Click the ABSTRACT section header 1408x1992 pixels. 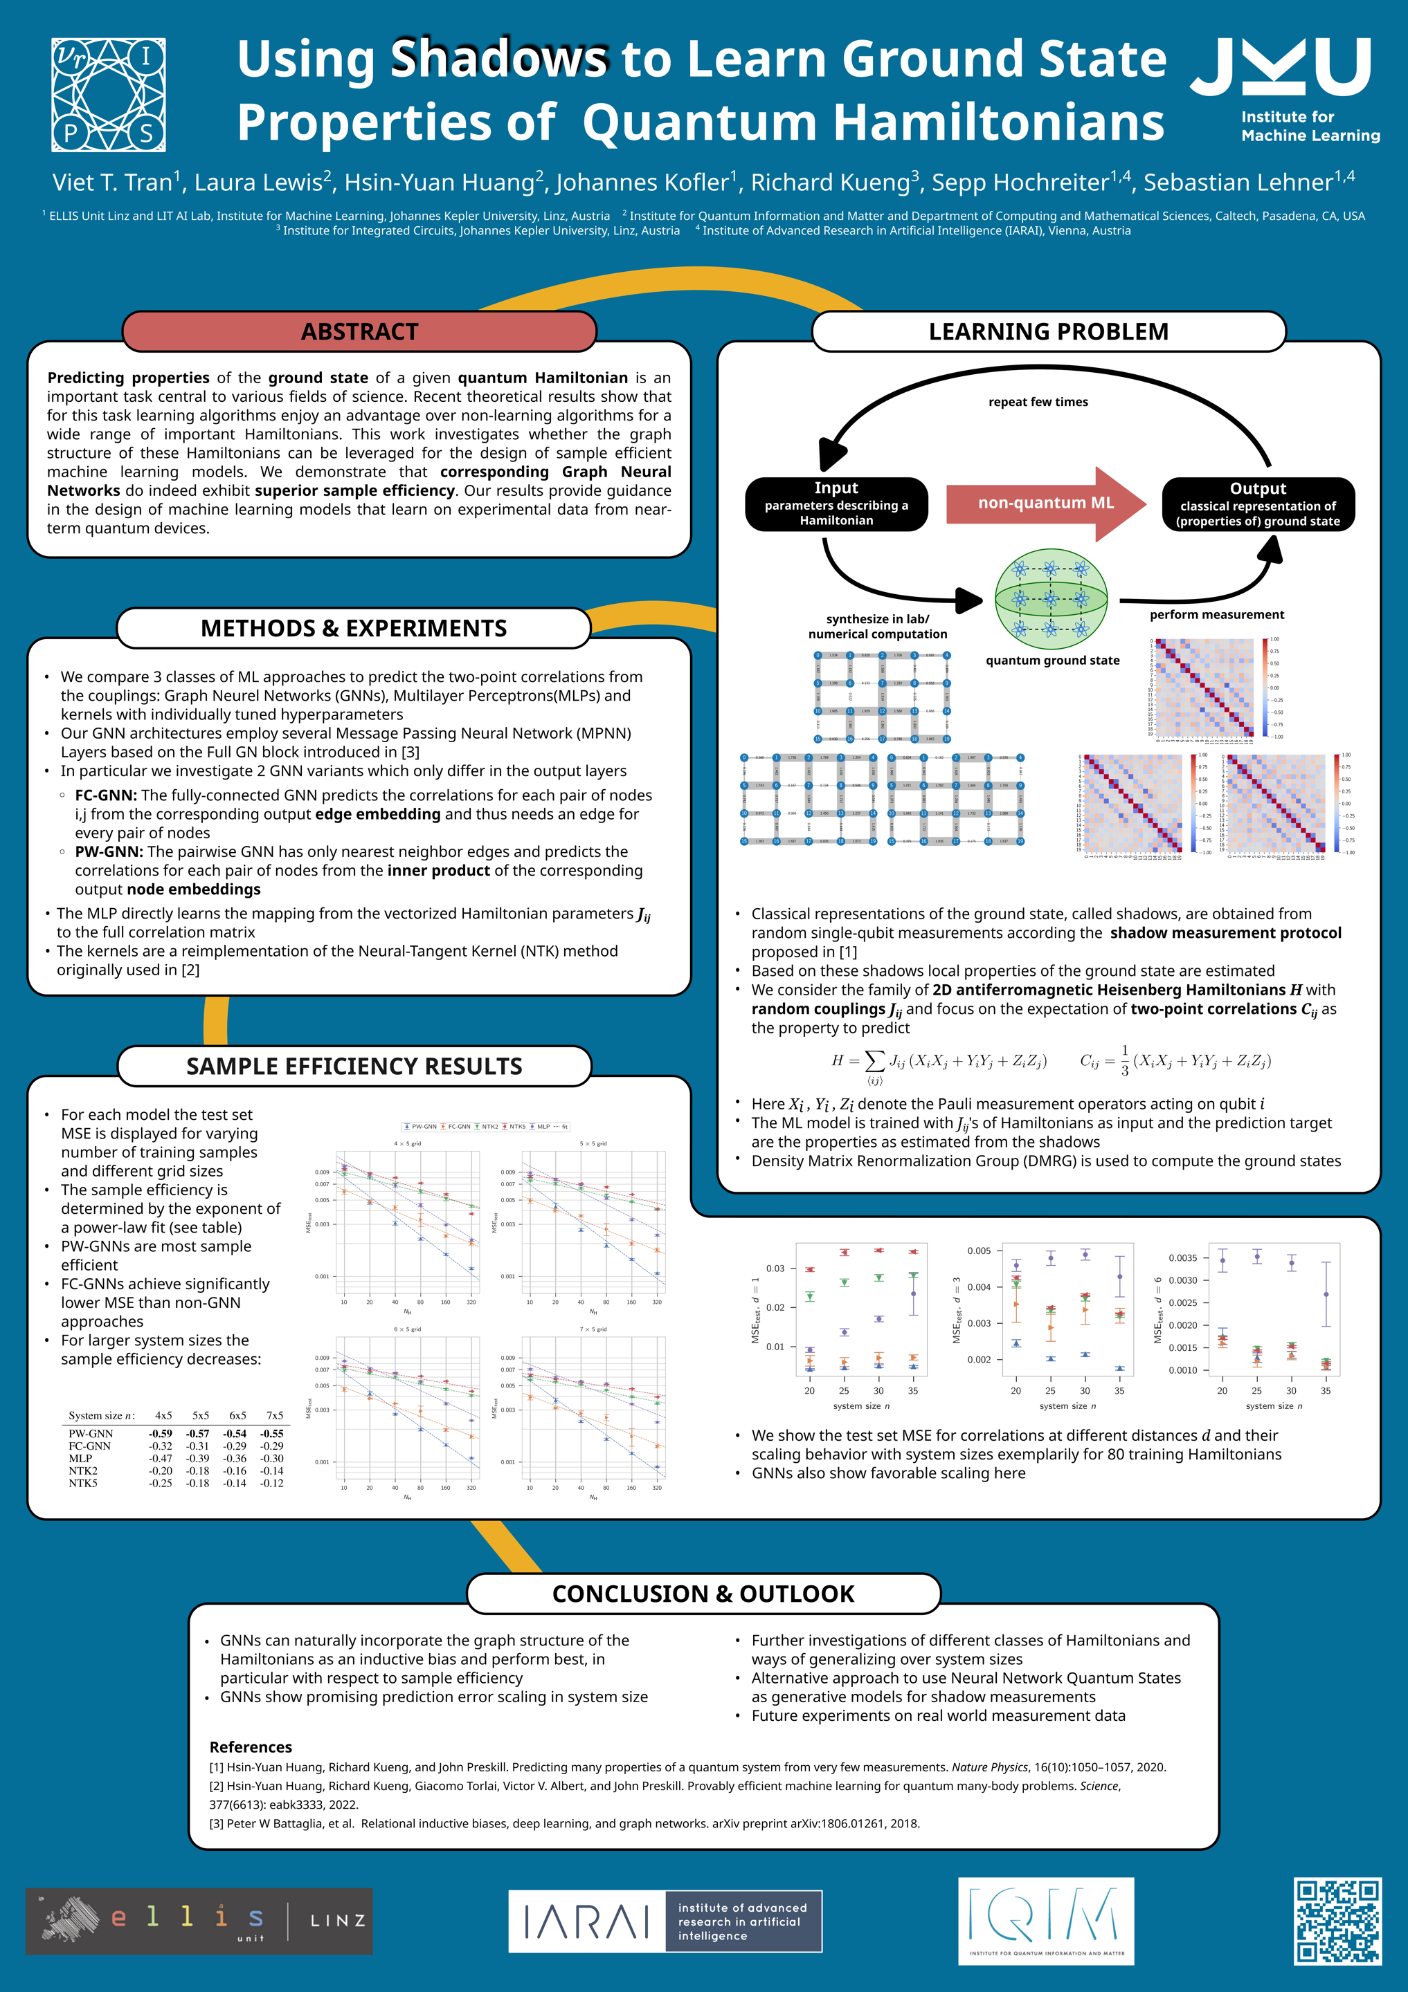pyautogui.click(x=359, y=331)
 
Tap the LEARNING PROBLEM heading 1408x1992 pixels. pyautogui.click(x=1048, y=331)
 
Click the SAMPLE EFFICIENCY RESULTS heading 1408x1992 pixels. pyautogui.click(x=354, y=1067)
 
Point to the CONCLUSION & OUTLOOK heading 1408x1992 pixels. pyautogui.click(x=703, y=1594)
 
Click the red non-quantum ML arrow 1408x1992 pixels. pyautogui.click(x=1045, y=504)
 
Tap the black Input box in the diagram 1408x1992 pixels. pyautogui.click(x=836, y=504)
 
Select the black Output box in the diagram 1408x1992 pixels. pyautogui.click(x=1258, y=504)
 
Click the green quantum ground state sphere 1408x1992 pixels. pyautogui.click(x=1052, y=600)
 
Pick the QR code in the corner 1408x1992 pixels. pyautogui.click(x=1337, y=1921)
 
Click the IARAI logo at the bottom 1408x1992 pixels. pyautogui.click(x=665, y=1921)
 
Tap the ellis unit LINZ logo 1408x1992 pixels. pyautogui.click(x=199, y=1921)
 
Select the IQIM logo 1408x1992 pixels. pyautogui.click(x=1045, y=1921)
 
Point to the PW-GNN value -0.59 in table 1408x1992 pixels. pyautogui.click(x=161, y=1434)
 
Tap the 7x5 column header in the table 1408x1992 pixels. pyautogui.click(x=274, y=1415)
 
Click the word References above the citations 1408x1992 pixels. pyautogui.click(x=251, y=1746)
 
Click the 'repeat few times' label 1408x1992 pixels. pyautogui.click(x=1038, y=402)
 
